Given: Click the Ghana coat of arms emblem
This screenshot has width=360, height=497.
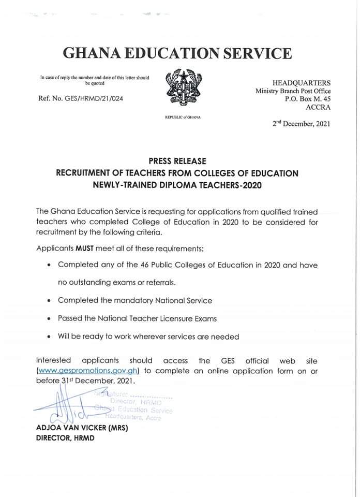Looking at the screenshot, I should pyautogui.click(x=182, y=89).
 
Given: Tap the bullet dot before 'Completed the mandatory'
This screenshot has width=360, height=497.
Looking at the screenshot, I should pyautogui.click(x=48, y=300).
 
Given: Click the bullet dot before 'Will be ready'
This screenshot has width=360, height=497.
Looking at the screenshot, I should pyautogui.click(x=48, y=337).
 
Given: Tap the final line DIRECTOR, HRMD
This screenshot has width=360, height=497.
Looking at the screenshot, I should pyautogui.click(x=65, y=438).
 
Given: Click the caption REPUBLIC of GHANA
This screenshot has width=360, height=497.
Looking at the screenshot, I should pyautogui.click(x=182, y=118).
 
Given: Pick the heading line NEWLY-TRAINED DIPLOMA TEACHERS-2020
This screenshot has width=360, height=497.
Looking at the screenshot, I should pyautogui.click(x=177, y=185).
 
